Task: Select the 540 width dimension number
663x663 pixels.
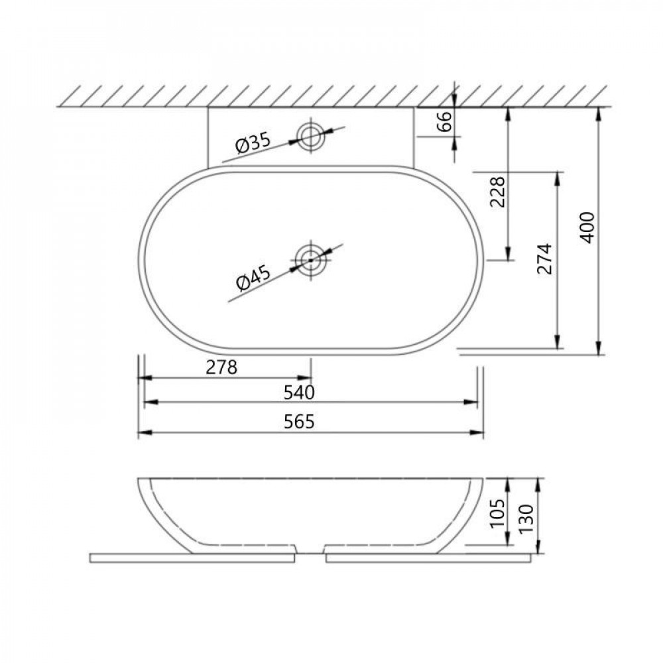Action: [298, 392]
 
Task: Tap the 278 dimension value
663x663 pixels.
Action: [221, 367]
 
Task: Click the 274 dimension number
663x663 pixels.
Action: [545, 259]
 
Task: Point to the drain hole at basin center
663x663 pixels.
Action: [310, 259]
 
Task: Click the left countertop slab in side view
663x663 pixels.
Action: [192, 558]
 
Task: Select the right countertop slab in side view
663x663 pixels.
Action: [428, 558]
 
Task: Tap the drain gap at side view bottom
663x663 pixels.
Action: [310, 552]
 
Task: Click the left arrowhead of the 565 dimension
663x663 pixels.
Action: [141, 433]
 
